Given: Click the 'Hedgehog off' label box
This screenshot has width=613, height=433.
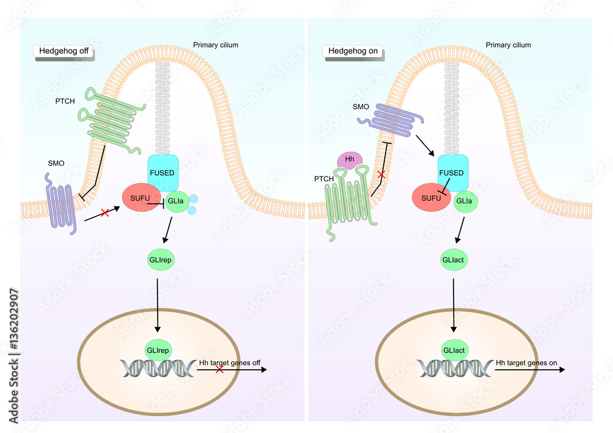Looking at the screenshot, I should point(63,51).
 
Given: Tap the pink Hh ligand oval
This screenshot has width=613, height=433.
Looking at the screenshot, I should point(350,160).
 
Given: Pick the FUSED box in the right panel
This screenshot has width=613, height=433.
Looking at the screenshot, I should point(453,173).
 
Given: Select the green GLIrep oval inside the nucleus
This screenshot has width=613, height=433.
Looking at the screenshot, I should point(158,350).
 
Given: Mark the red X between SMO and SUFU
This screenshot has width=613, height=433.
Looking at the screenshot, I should point(105,213).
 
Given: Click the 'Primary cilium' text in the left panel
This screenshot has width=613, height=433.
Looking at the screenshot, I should point(216,45).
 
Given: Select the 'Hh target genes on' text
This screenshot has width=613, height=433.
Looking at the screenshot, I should point(526,363).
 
